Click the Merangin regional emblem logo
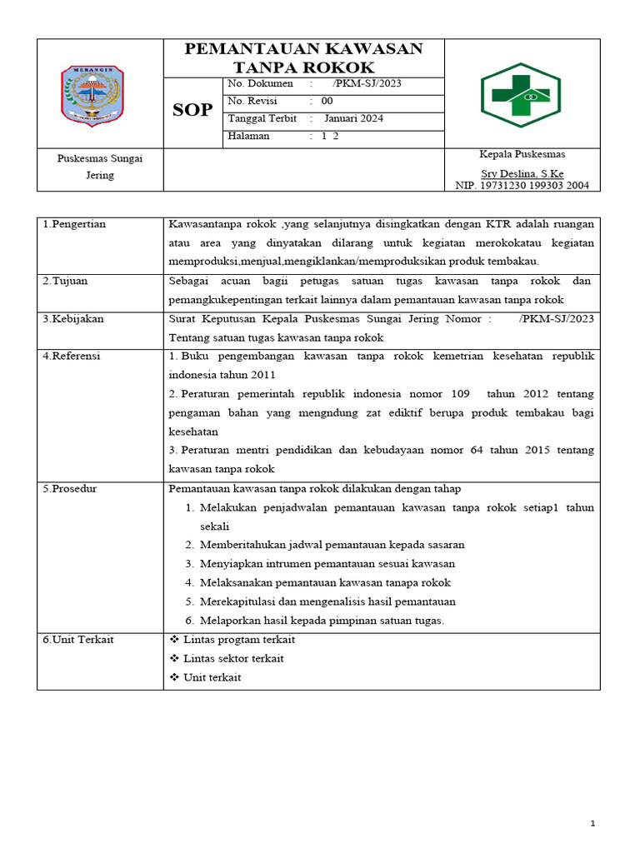pos(92,94)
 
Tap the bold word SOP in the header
pos(192,110)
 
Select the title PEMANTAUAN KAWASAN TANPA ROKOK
pos(303,57)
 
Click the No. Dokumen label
pos(260,83)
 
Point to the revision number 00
pos(327,101)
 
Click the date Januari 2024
pos(353,118)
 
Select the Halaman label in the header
pos(248,136)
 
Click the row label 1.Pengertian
pos(74,224)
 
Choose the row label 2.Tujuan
pos(65,281)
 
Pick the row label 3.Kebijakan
pos(73,318)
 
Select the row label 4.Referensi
pos(72,356)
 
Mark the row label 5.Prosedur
pos(70,488)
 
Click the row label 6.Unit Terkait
pos(78,639)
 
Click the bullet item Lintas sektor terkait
pos(232,658)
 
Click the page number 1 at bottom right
pos(592,824)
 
